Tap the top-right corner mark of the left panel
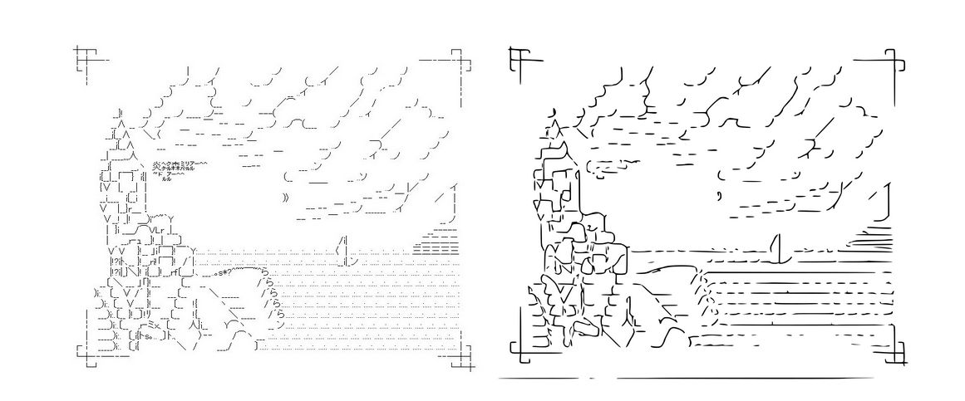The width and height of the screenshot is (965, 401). point(455,59)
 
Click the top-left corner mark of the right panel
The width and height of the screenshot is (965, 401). point(519,58)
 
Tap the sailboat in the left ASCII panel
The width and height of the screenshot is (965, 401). point(343,251)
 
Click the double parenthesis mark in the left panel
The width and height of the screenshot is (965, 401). point(287,198)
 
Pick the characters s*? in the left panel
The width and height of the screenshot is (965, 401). point(222,271)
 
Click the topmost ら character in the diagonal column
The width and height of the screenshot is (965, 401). point(264,271)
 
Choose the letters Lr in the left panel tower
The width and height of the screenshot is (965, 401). point(157,230)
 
